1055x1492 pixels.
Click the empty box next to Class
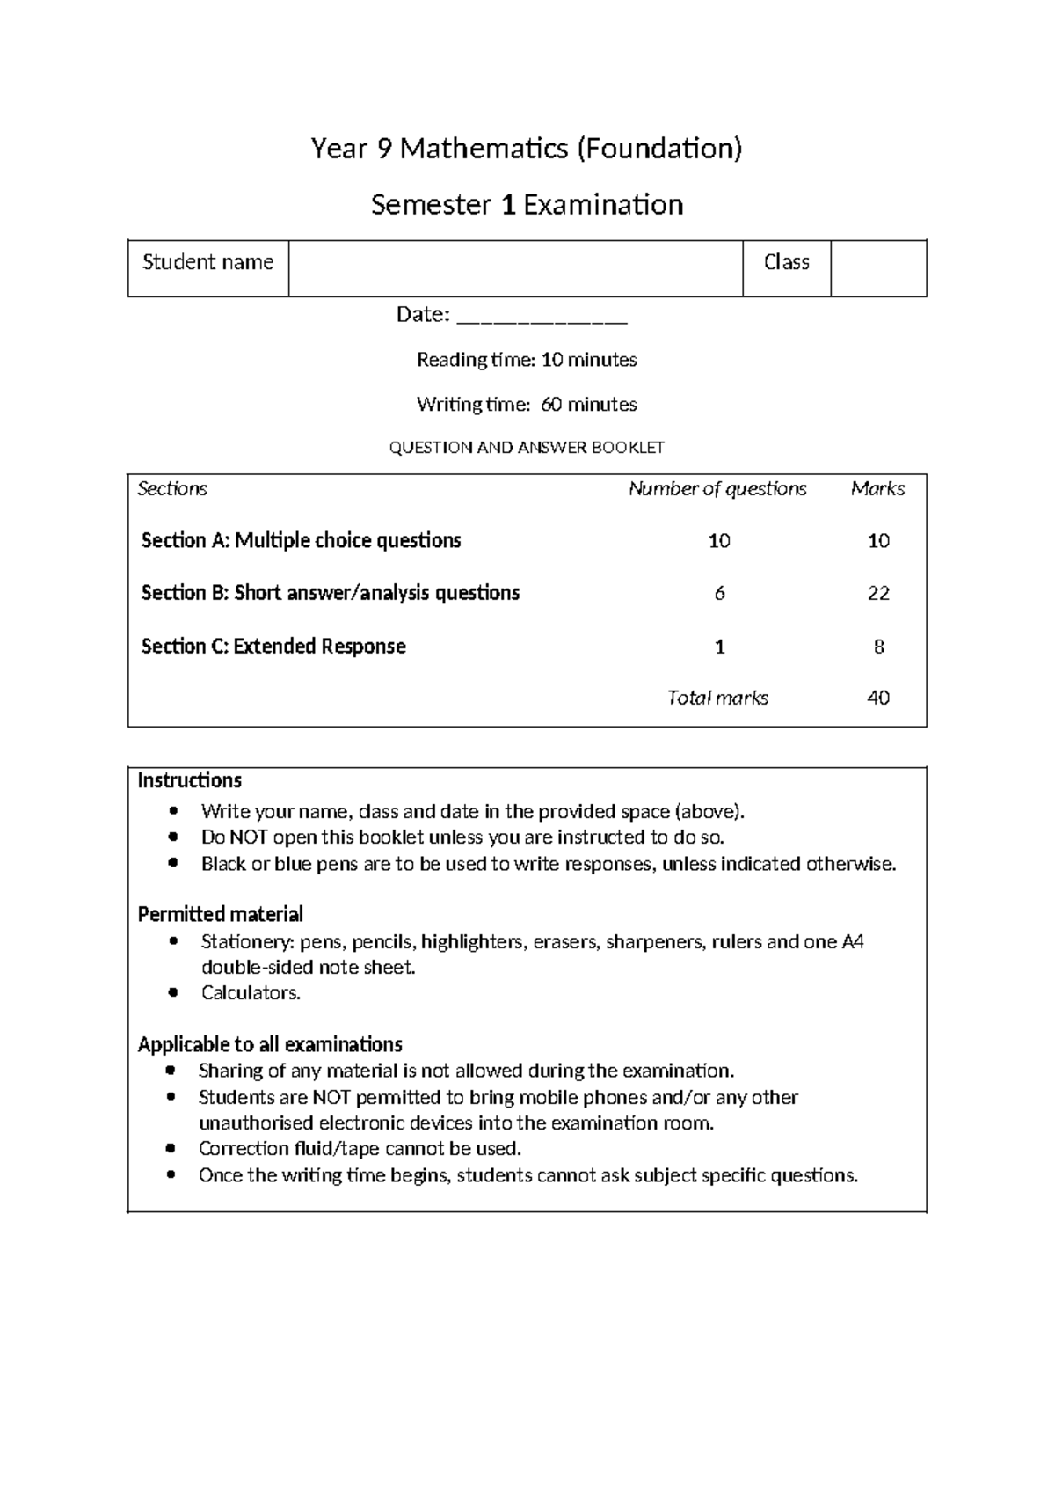(x=877, y=268)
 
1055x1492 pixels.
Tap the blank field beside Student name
(x=515, y=268)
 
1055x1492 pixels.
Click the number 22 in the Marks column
(x=878, y=594)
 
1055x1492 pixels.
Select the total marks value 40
(x=878, y=698)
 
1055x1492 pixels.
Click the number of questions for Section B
(x=719, y=594)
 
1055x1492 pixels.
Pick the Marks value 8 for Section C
(x=878, y=647)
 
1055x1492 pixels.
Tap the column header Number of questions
(x=717, y=489)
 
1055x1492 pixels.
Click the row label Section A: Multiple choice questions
(x=301, y=540)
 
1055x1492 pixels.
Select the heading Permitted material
(x=220, y=914)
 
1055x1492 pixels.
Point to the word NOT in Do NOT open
(x=248, y=837)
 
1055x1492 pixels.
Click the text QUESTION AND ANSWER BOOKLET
(x=527, y=448)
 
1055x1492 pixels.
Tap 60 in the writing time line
(x=551, y=405)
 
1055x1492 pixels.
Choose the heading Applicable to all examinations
(x=270, y=1044)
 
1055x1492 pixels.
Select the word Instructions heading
(x=189, y=781)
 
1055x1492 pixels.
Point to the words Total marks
(x=717, y=698)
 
